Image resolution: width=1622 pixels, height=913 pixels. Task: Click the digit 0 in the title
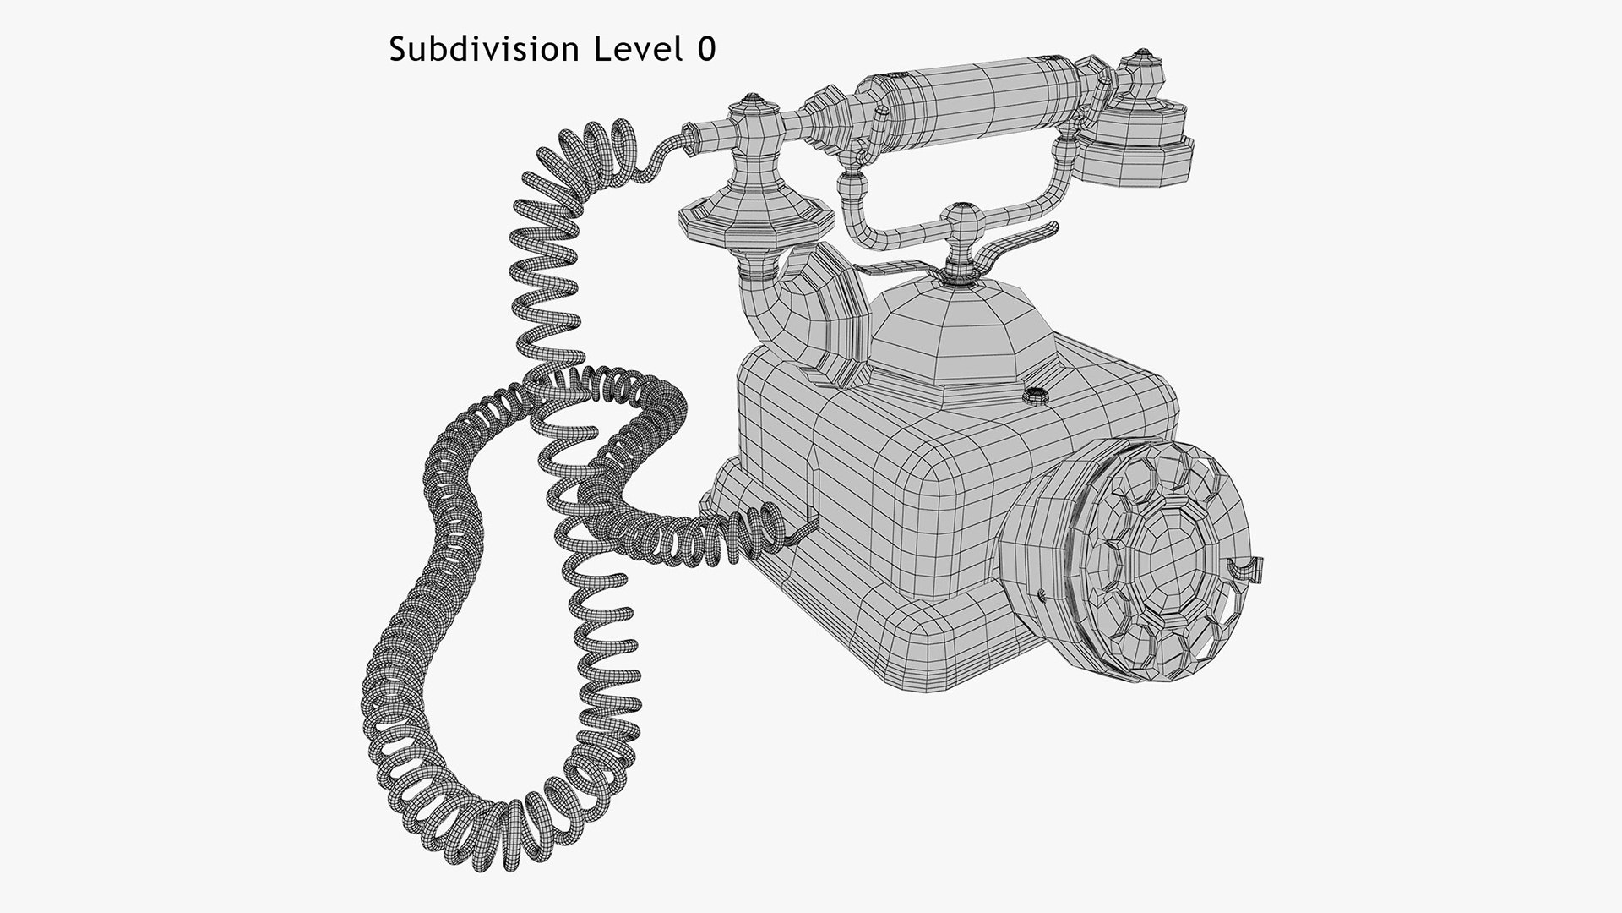706,50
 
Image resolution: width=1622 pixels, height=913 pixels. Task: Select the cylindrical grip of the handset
972,93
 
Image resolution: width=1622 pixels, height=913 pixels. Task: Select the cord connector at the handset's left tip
691,135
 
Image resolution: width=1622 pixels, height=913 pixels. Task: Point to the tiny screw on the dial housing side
1041,595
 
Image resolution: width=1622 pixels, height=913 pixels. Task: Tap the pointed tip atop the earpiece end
1142,54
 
